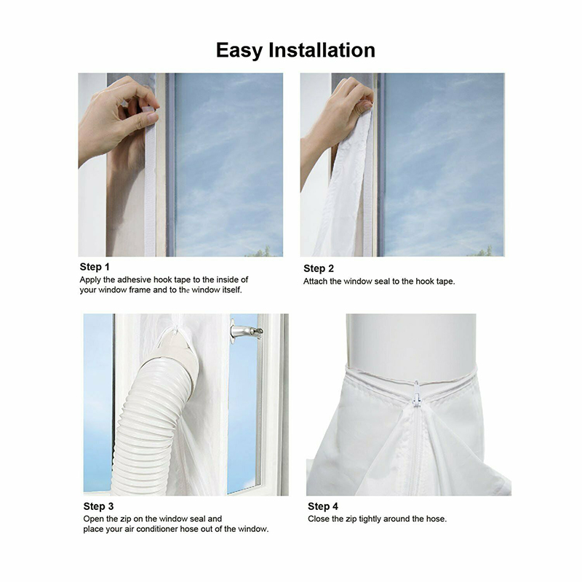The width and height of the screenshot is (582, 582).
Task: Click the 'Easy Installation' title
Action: coord(295,50)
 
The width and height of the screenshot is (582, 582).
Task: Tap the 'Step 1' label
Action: coord(95,267)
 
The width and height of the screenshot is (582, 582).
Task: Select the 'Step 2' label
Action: coord(319,268)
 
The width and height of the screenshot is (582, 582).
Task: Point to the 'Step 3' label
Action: coord(98,506)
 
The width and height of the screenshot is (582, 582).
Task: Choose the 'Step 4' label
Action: coord(322,506)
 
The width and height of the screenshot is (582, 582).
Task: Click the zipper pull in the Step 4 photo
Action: coord(416,394)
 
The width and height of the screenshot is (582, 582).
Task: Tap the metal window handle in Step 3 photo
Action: coord(245,330)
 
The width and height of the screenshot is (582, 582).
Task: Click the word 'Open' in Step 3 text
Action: coord(94,519)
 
